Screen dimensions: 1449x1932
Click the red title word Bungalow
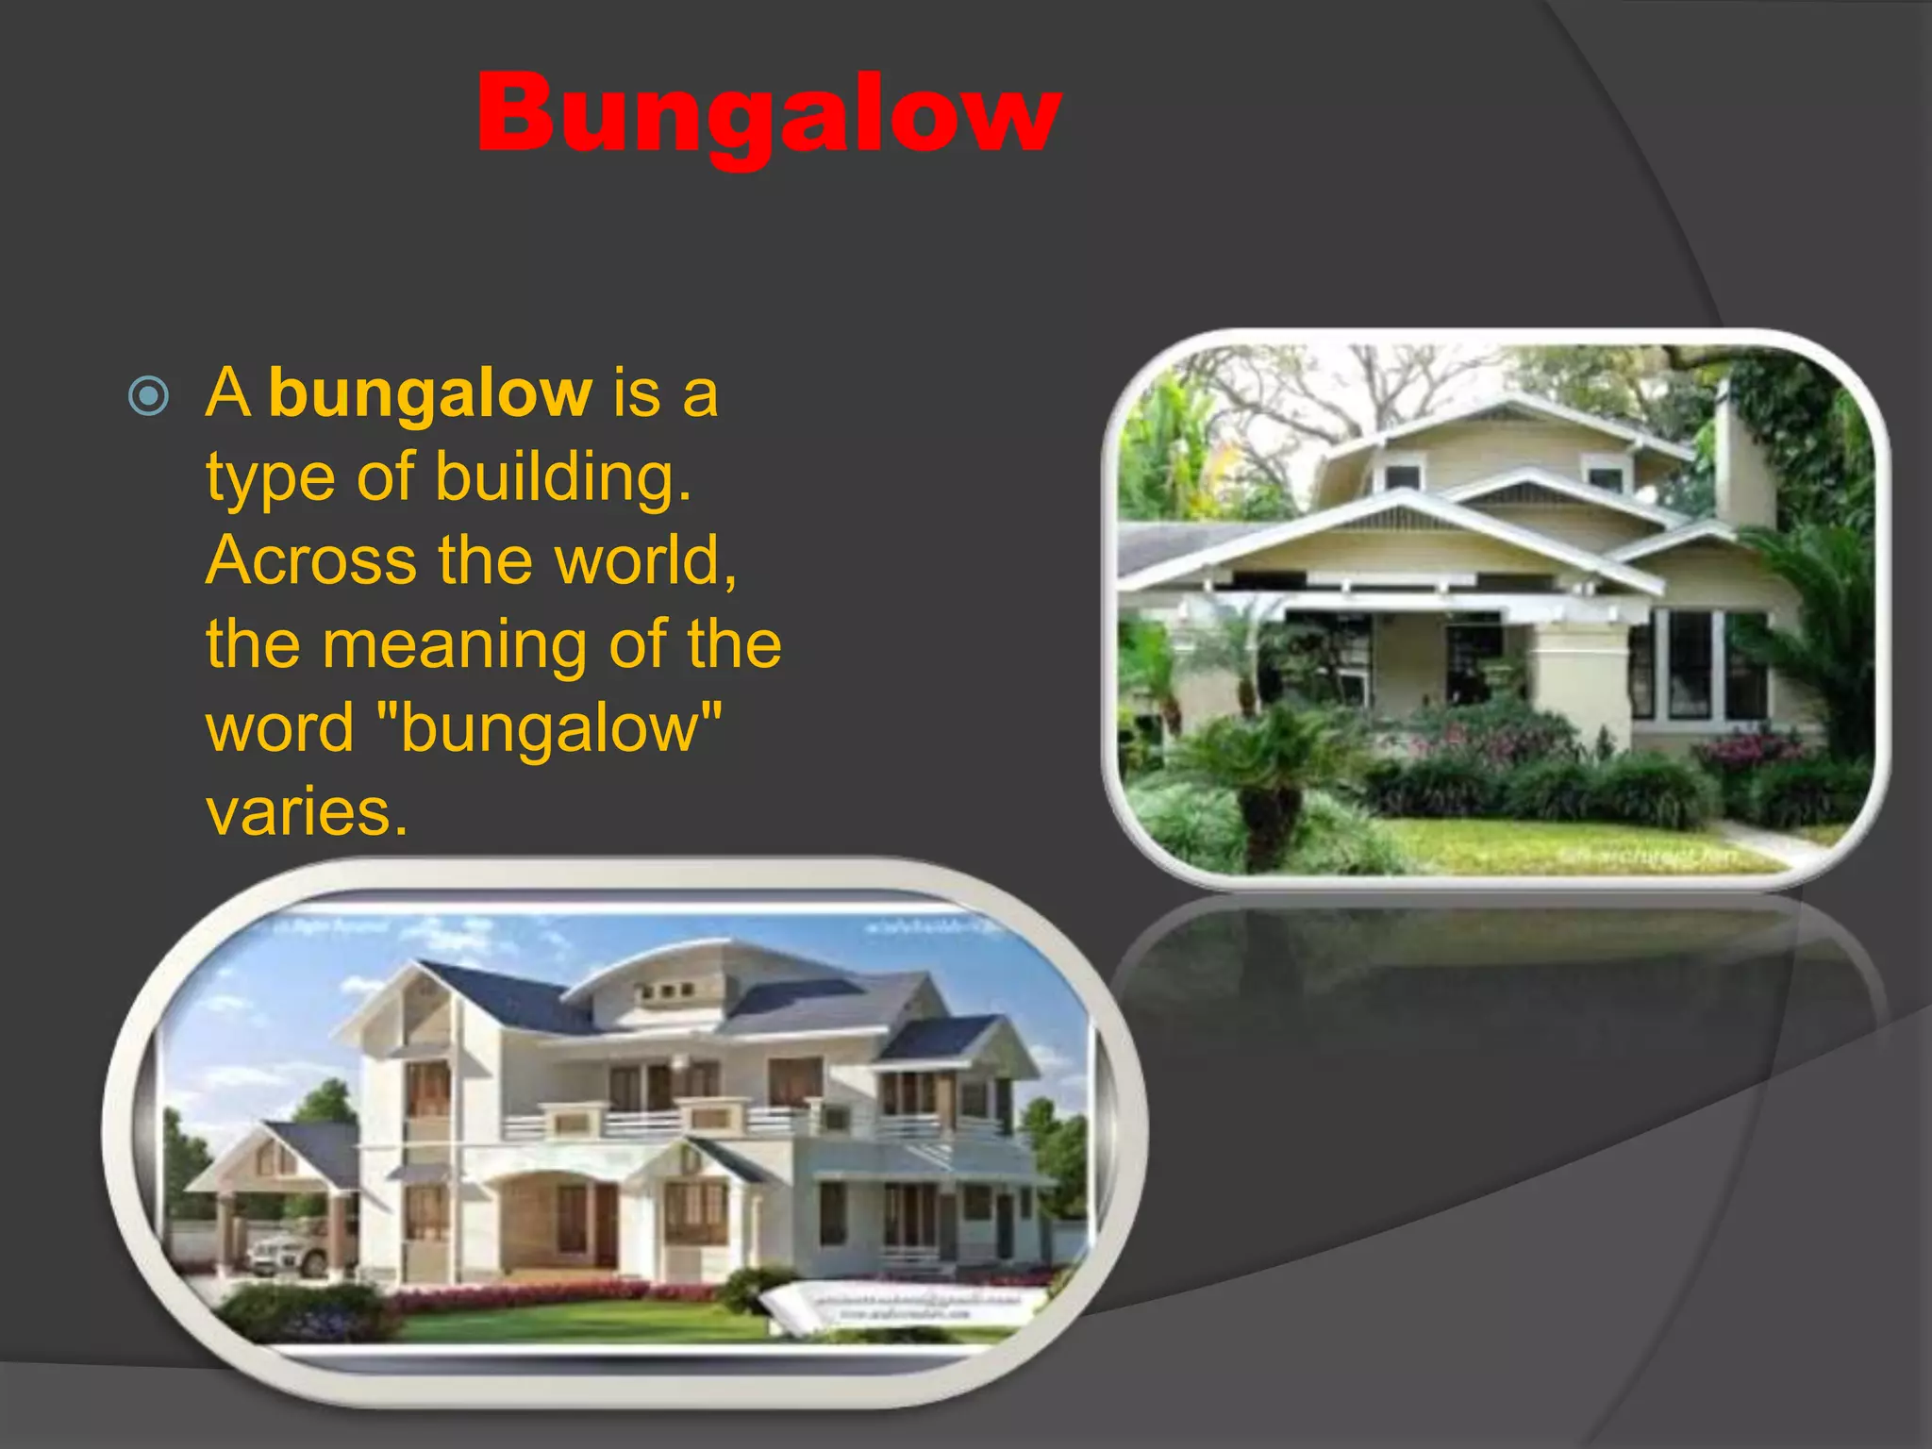pyautogui.click(x=769, y=115)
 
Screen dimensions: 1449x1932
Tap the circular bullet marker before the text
pyautogui.click(x=148, y=396)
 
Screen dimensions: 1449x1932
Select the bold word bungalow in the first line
pyautogui.click(x=430, y=394)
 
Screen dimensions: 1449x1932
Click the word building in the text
pyautogui.click(x=562, y=477)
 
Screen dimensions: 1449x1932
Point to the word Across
pyautogui.click(x=309, y=560)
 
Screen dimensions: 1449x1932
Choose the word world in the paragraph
pyautogui.click(x=643, y=560)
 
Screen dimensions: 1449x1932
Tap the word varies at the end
pyautogui.click(x=307, y=811)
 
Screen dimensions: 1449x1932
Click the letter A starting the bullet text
pyautogui.click(x=228, y=394)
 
